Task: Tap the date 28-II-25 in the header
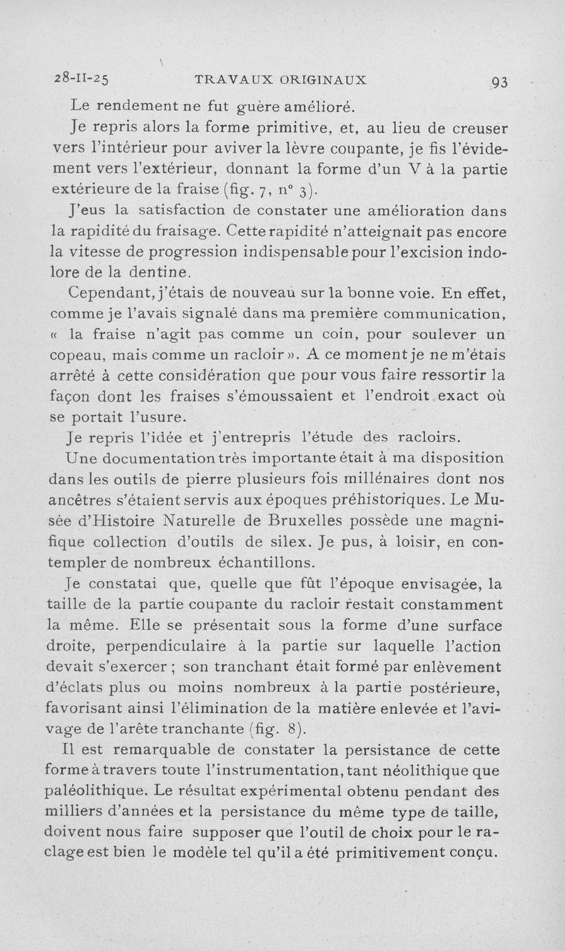click(x=88, y=78)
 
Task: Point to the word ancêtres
click(x=86, y=500)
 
